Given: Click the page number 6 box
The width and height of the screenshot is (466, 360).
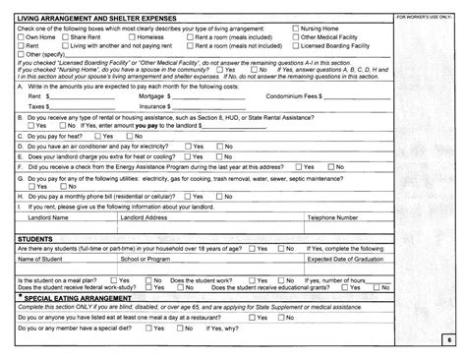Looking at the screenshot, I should click(447, 338).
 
